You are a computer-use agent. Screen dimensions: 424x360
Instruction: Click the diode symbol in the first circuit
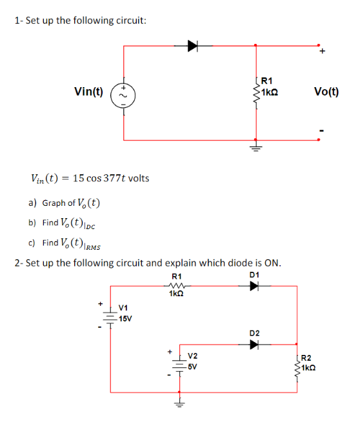(x=192, y=45)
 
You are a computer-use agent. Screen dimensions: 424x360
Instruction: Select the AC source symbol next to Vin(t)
(x=123, y=92)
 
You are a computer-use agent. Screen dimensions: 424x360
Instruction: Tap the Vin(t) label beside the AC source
(x=89, y=91)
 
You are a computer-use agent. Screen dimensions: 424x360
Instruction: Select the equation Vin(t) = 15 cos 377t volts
(x=90, y=177)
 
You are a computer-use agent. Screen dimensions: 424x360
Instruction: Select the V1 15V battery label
(x=124, y=314)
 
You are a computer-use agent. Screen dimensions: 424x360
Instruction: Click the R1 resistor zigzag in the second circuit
(x=175, y=285)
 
